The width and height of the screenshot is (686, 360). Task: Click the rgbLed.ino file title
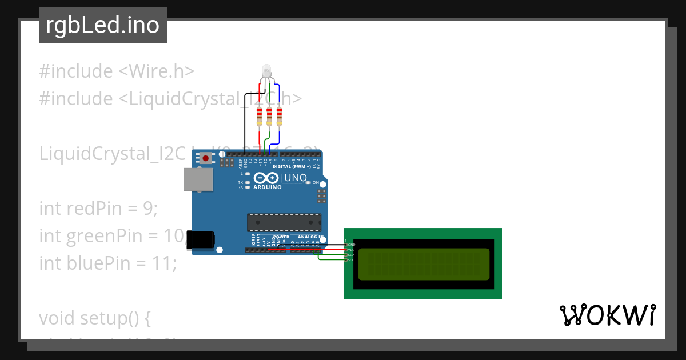coord(103,25)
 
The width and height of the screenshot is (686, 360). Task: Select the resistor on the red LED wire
coord(260,116)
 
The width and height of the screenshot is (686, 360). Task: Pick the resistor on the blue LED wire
coord(279,116)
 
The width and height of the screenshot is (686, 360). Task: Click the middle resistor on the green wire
coord(269,116)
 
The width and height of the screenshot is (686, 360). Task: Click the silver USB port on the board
coord(198,179)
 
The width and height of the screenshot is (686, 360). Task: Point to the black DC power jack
coord(202,240)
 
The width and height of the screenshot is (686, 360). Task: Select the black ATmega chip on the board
coord(284,222)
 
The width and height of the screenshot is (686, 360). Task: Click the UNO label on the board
coord(296,178)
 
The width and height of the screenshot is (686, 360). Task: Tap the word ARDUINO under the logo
coord(268,187)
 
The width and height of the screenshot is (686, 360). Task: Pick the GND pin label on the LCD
coord(351,245)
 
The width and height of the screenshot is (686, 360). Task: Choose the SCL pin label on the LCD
coord(351,260)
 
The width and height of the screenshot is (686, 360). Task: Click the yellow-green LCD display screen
coord(423,263)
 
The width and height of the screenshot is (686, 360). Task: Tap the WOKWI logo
coord(608,315)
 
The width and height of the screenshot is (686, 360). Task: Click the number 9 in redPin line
coord(150,209)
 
